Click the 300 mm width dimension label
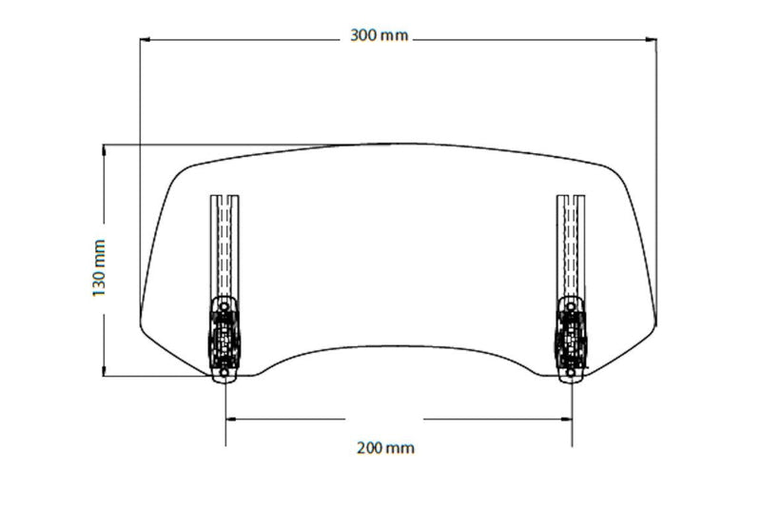(380, 36)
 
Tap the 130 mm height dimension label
(99, 266)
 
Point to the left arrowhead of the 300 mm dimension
(146, 39)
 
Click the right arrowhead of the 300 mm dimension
(652, 39)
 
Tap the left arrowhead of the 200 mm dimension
(231, 419)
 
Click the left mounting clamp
(224, 338)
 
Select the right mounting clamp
(572, 338)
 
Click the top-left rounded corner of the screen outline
(180, 171)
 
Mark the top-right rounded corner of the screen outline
(616, 170)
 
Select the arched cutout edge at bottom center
(398, 346)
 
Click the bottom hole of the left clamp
(224, 374)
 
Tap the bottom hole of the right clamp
(572, 374)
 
